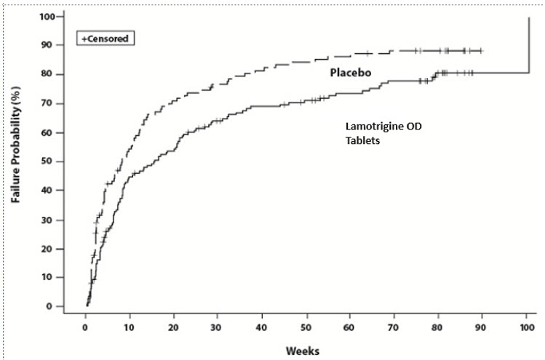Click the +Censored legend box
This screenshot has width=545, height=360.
pos(106,36)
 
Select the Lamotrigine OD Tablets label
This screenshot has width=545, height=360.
pos(383,133)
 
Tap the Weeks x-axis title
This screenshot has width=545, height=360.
pos(303,350)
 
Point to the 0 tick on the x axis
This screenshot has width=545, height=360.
pos(86,324)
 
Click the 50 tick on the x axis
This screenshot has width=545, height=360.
pos(306,324)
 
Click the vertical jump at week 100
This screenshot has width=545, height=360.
pos(528,44)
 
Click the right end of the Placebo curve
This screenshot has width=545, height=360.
pos(482,51)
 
